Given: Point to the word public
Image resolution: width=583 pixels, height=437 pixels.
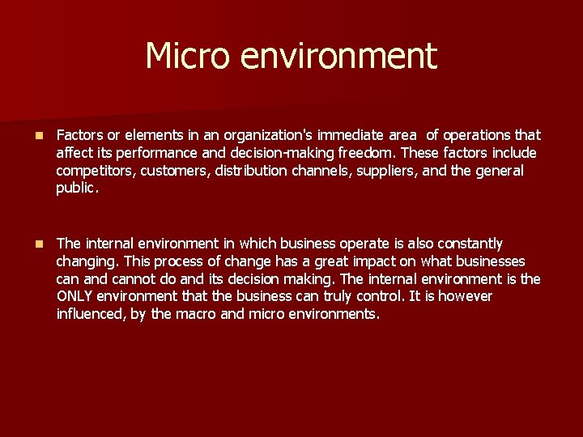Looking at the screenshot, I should [x=77, y=189].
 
